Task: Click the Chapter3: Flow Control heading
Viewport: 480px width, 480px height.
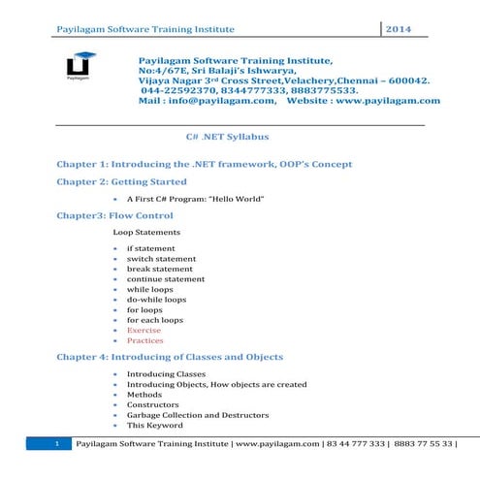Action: pos(114,215)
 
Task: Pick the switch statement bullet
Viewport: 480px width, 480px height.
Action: pos(161,260)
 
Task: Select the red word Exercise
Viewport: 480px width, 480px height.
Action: pos(145,330)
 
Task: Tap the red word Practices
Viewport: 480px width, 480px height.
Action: pos(145,341)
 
